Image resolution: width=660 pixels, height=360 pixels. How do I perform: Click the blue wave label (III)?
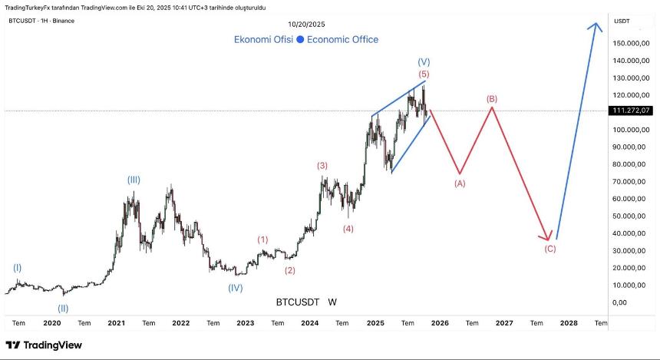pos(134,180)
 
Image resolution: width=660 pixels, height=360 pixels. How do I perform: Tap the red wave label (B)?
pos(492,99)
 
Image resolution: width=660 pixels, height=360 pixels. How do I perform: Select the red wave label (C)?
pos(550,249)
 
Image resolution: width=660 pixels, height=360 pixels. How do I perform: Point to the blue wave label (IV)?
pos(236,288)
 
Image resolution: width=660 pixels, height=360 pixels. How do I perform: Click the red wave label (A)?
pos(460,183)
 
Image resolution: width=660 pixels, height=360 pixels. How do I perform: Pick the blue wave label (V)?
pos(424,61)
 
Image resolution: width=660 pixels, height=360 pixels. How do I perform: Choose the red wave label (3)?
pos(322,165)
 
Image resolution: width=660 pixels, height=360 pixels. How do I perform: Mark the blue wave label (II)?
pos(63,309)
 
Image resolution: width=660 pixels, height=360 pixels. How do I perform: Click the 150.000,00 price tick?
pos(632,43)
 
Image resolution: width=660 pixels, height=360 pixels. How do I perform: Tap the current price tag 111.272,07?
pos(632,111)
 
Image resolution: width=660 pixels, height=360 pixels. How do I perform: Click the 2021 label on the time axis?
pos(117,323)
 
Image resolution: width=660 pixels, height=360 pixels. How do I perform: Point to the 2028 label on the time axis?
pos(569,323)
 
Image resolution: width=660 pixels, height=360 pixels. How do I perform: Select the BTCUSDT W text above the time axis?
pos(306,302)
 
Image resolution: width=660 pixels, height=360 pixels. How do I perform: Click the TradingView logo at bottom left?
pos(44,345)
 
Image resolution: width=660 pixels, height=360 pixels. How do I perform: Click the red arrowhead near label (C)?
pos(548,237)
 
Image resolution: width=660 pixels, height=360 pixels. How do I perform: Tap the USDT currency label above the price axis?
pos(622,21)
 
